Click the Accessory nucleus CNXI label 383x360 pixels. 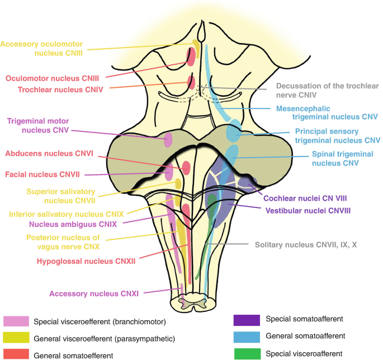94,292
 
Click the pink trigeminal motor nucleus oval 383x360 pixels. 168,139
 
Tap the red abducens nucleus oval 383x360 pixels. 186,167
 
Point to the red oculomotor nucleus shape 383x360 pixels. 191,56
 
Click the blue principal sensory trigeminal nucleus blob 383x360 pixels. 234,133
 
